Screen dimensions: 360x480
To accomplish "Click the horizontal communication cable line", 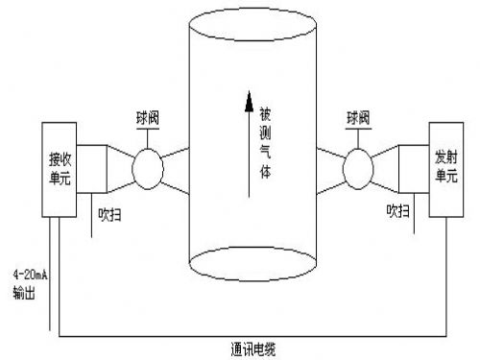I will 240,336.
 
